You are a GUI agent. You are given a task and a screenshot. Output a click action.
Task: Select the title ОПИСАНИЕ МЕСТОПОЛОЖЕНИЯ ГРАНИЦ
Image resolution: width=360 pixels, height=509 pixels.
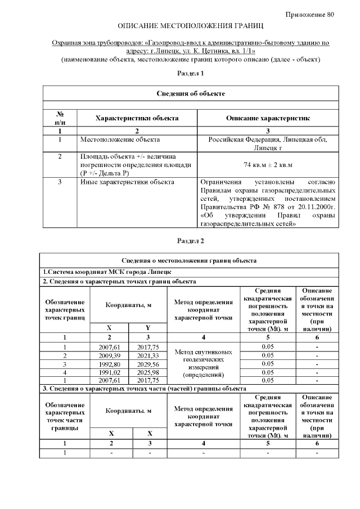pyautogui.click(x=191, y=26)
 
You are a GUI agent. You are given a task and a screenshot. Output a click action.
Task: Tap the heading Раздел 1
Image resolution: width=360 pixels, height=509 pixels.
pyautogui.click(x=190, y=73)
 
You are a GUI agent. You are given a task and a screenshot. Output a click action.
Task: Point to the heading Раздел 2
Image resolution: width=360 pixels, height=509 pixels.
pyautogui.click(x=190, y=241)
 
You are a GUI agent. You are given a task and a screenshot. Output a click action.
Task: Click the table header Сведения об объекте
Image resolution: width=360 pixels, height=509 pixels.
pyautogui.click(x=191, y=93)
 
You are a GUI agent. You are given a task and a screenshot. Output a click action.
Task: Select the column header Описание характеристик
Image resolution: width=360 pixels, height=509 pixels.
pyautogui.click(x=268, y=118)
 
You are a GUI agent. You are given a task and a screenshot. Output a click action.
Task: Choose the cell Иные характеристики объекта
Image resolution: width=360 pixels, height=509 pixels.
pyautogui.click(x=127, y=182)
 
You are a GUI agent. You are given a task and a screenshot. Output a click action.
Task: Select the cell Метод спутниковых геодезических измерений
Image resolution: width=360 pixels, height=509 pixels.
pyautogui.click(x=203, y=363)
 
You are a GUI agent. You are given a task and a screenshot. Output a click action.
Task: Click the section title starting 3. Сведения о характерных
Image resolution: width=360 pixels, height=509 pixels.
pyautogui.click(x=145, y=389)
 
